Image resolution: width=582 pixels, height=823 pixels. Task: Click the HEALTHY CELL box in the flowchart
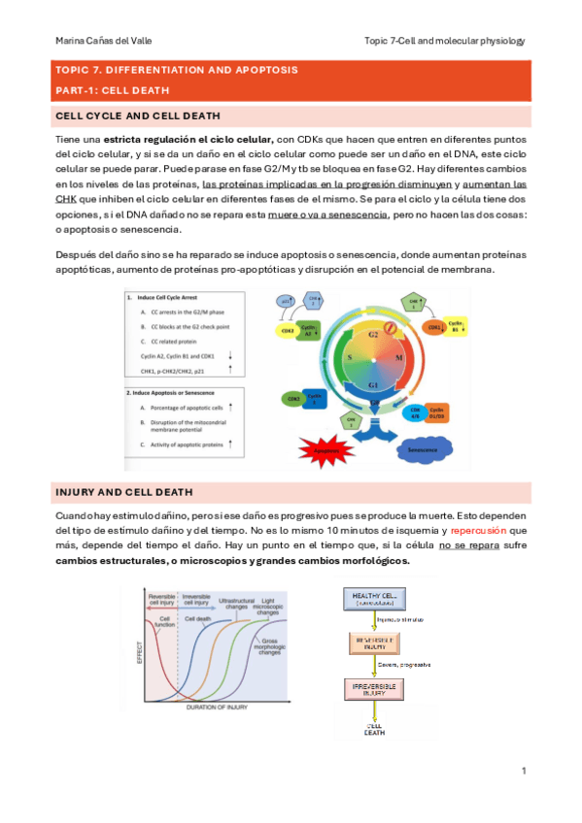[x=375, y=598]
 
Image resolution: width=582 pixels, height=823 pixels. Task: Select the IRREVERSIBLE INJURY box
[x=374, y=690]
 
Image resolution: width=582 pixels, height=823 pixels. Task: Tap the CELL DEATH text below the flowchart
[x=374, y=730]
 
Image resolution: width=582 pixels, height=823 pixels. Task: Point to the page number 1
[x=523, y=771]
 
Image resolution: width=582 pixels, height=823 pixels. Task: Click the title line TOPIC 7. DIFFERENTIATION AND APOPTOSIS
[x=177, y=71]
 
